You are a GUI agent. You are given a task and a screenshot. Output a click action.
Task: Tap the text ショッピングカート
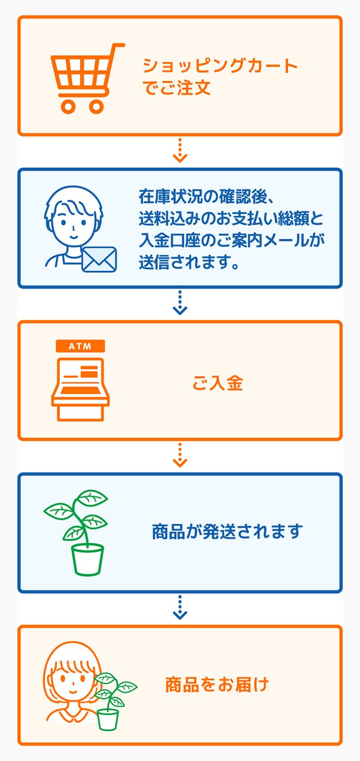pyautogui.click(x=220, y=65)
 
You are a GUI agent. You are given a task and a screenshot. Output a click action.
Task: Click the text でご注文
pyautogui.click(x=176, y=87)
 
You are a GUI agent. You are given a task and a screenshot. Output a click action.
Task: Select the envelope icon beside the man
pyautogui.click(x=99, y=259)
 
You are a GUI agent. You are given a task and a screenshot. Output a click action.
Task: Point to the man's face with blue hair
pyautogui.click(x=74, y=224)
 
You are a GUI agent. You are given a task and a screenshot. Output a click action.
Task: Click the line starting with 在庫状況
pyautogui.click(x=207, y=197)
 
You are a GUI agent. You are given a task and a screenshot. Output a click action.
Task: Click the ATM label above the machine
pyautogui.click(x=81, y=346)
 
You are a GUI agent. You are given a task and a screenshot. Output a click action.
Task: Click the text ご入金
pyautogui.click(x=218, y=383)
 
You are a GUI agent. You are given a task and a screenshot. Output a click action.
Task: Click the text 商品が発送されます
pyautogui.click(x=227, y=532)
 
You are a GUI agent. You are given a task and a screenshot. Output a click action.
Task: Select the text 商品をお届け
pyautogui.click(x=217, y=684)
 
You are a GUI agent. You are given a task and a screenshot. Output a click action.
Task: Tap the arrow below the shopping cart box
pyautogui.click(x=180, y=150)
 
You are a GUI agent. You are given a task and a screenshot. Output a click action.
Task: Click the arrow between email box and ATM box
pyautogui.click(x=180, y=303)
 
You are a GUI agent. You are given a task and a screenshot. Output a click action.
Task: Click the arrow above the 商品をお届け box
pyautogui.click(x=180, y=607)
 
